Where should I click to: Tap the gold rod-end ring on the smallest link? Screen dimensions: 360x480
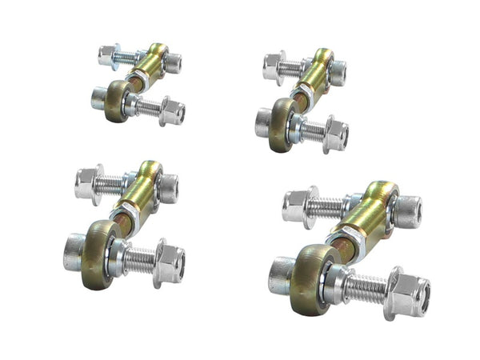point(117,100)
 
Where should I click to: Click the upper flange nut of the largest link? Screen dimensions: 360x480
point(298,206)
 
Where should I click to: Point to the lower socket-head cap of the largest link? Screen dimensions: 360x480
point(281,274)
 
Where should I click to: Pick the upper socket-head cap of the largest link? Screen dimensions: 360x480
point(408,211)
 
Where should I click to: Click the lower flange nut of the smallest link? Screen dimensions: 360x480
point(172,111)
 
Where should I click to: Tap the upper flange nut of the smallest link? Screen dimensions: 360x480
point(109,55)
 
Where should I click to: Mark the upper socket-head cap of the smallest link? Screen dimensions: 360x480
point(172,63)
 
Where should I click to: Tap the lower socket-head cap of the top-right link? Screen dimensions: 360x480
point(264,122)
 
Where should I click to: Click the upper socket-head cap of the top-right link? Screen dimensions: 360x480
point(337,73)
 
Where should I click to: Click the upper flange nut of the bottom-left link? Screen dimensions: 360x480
point(87,183)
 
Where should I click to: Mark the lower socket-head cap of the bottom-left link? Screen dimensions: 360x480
point(74,251)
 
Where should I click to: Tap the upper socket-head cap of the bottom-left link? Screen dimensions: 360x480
point(168,188)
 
